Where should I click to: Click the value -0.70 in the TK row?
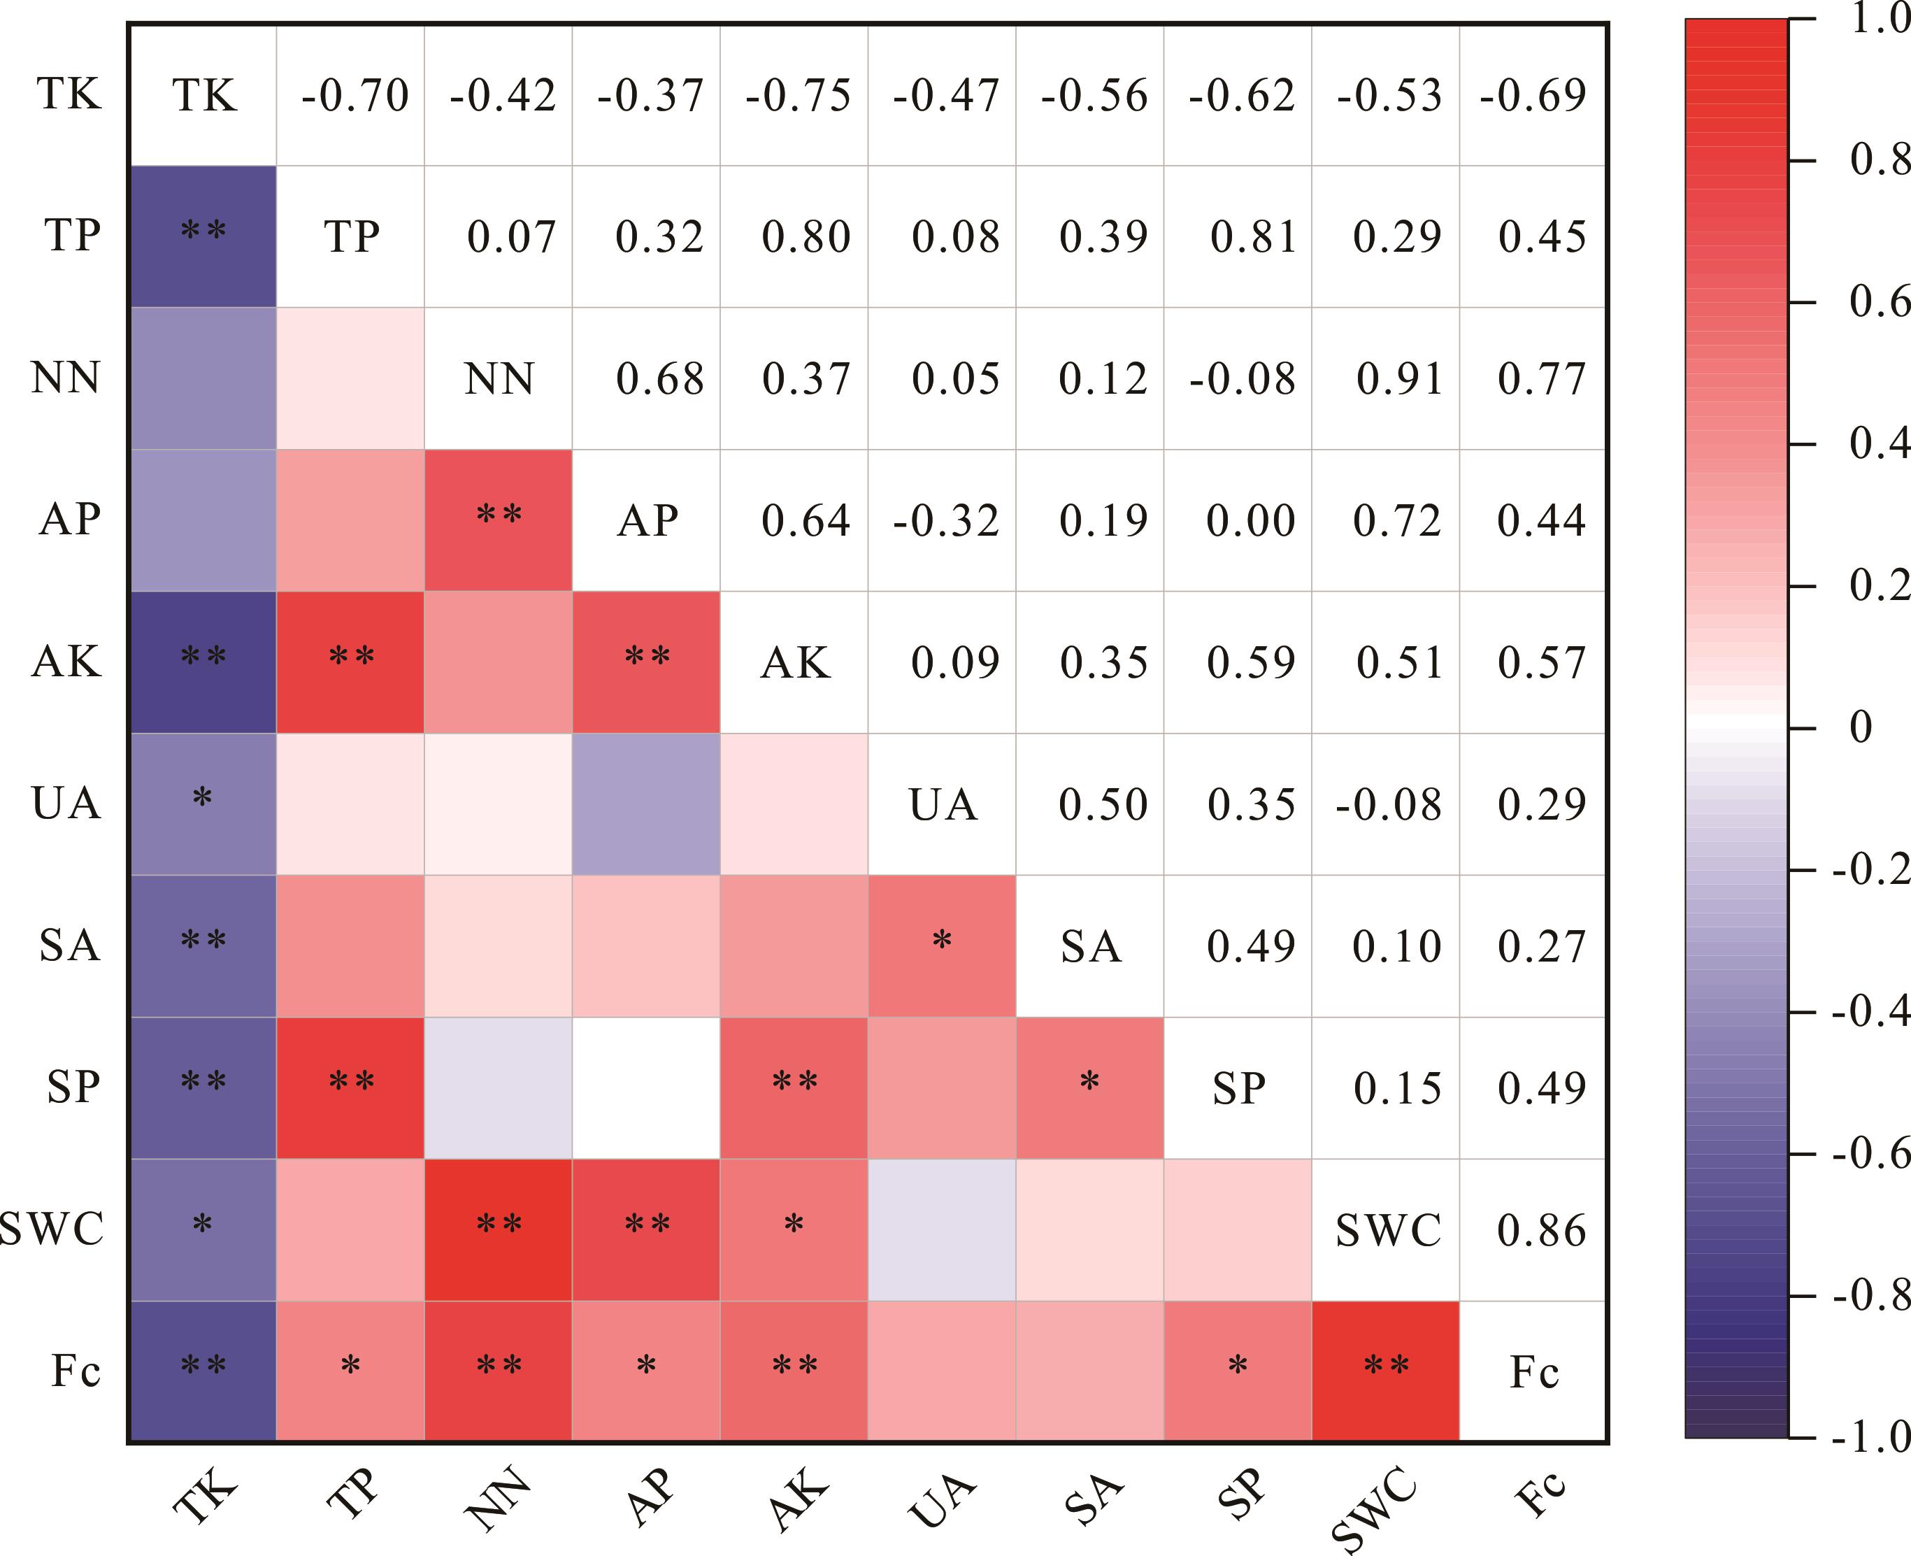[355, 95]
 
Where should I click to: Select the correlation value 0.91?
[1399, 378]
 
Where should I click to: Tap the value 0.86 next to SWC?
[1542, 1229]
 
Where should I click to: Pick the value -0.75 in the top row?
[798, 95]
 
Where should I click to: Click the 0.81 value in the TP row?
[1254, 236]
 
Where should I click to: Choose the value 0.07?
[511, 236]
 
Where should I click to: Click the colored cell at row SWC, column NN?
[499, 1229]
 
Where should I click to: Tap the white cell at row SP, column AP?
[646, 1087]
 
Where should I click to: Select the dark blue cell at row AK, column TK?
[203, 662]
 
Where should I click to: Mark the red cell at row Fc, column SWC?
[1386, 1371]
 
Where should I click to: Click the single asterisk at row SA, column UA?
[941, 942]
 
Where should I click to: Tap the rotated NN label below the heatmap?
[499, 1497]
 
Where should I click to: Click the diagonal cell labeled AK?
[795, 662]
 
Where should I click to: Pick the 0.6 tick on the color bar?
[1878, 302]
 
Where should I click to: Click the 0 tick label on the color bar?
[1861, 727]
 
